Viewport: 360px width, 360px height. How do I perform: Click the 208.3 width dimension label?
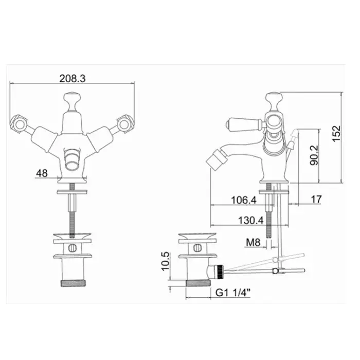73,79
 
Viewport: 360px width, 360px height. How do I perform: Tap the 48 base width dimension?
42,173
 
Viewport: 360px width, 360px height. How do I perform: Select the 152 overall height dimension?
336,134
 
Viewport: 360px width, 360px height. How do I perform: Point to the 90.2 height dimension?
314,155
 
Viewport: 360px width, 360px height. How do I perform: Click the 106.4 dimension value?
243,200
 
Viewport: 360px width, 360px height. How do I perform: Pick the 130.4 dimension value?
251,221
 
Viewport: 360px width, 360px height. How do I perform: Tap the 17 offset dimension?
316,200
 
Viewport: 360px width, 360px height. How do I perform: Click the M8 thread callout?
253,242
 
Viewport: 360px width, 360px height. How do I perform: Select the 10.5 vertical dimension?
165,261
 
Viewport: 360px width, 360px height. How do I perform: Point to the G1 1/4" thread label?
233,293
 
